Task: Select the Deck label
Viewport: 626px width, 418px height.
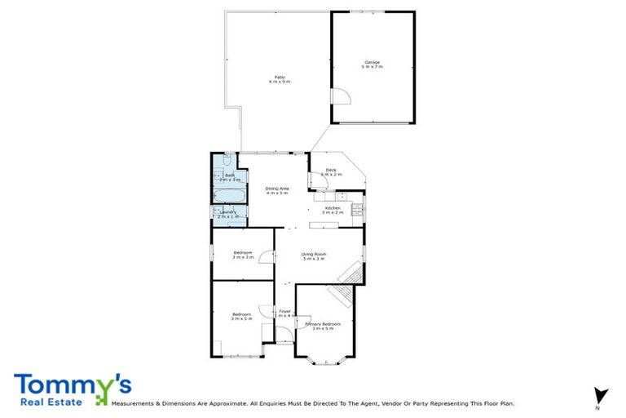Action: coord(331,171)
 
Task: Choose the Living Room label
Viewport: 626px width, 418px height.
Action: coord(314,256)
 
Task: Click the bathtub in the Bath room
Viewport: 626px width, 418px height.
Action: coord(229,195)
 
